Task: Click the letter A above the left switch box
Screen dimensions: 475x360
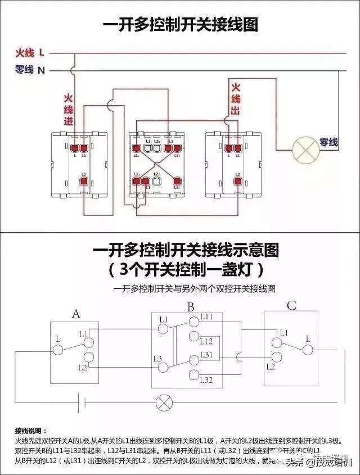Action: (x=76, y=314)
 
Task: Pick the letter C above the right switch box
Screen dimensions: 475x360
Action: (x=291, y=306)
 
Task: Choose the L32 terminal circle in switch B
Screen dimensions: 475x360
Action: (x=194, y=374)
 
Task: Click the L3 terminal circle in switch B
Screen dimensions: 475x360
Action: (x=164, y=367)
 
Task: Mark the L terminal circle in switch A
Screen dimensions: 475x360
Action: (x=57, y=350)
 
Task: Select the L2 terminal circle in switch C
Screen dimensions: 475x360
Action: (x=276, y=358)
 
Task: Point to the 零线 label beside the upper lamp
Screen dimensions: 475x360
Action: (x=329, y=142)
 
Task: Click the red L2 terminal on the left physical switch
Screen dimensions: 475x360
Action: (x=83, y=181)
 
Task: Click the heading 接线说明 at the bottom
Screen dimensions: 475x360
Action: (x=31, y=429)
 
